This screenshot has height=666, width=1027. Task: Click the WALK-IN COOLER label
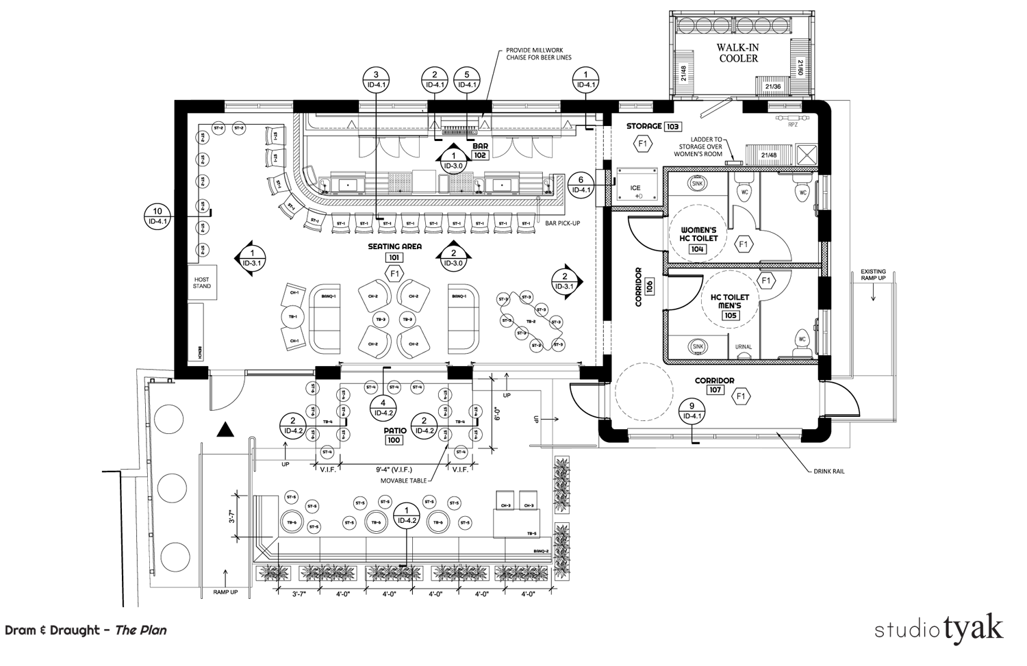[737, 53]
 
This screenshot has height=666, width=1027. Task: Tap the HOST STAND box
[202, 282]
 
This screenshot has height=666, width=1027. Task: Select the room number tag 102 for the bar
[480, 155]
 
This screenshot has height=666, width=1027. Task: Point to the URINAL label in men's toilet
[744, 347]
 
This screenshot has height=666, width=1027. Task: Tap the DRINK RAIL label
[828, 472]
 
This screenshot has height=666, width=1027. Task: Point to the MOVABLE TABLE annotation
[403, 481]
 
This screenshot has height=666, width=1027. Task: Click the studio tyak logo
[939, 628]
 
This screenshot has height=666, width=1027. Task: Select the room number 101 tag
[394, 257]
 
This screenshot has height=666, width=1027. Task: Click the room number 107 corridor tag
[714, 391]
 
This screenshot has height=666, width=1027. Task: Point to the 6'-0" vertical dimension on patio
[498, 413]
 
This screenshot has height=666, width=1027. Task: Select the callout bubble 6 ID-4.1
[580, 185]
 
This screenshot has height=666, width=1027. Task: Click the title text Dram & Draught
[52, 630]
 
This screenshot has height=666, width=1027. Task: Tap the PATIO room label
[395, 431]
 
